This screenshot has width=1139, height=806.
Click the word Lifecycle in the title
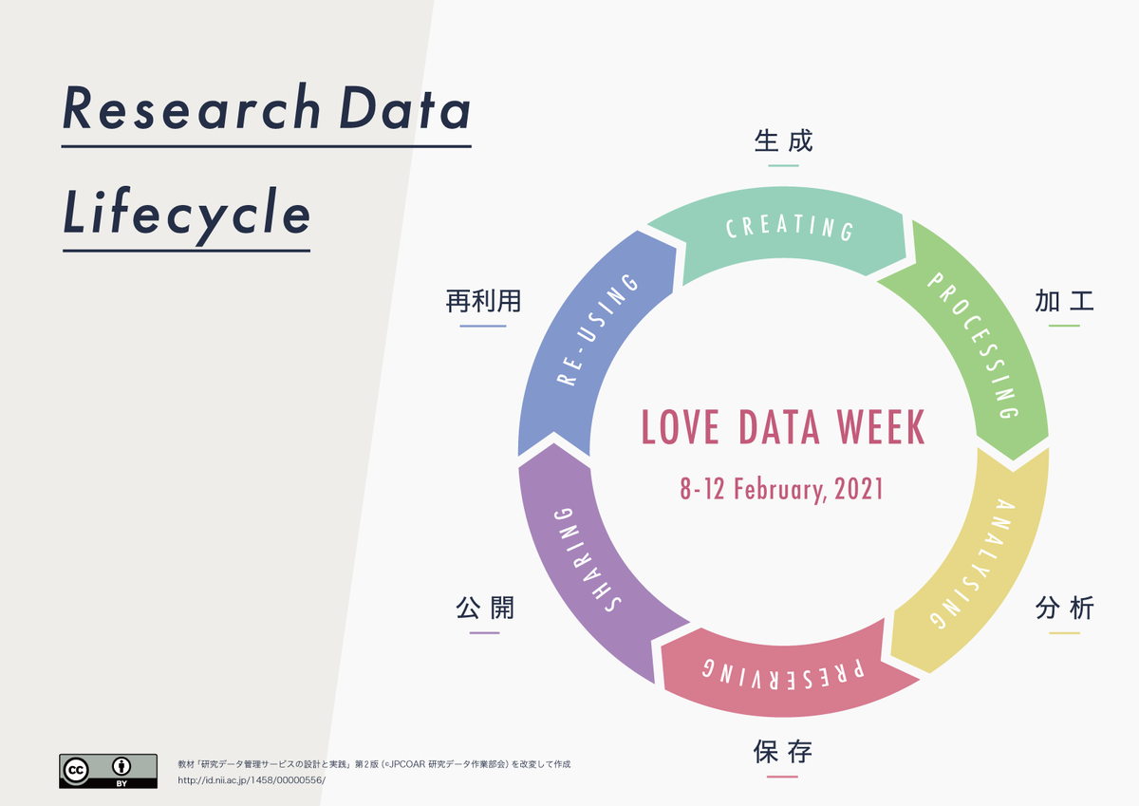187,216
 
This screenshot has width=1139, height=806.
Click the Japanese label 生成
784,141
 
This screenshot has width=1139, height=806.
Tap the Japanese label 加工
1064,301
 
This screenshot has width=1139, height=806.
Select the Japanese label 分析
1064,609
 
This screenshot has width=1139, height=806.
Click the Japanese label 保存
782,752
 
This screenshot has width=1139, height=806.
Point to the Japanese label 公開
485,608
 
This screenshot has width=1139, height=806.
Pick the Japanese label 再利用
483,301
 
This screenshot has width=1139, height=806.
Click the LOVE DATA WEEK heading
783,427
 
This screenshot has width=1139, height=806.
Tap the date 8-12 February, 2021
781,489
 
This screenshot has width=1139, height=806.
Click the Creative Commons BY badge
108,771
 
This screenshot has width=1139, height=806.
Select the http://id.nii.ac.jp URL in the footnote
252,780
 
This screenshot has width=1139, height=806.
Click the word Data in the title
404,107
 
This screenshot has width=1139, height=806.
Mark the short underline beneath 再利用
483,326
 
